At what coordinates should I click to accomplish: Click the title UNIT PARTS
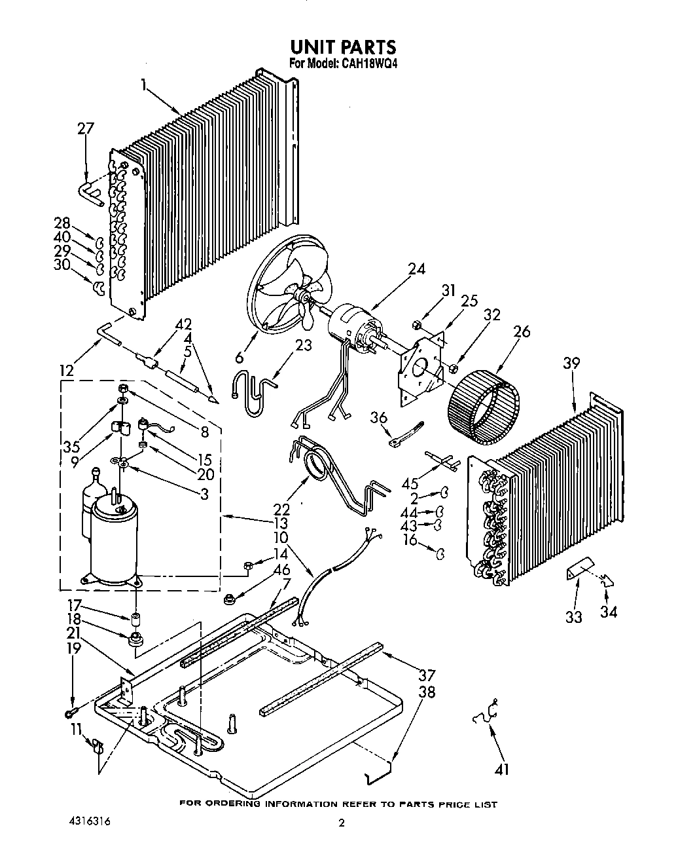tap(342, 47)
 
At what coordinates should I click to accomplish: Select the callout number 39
tap(571, 364)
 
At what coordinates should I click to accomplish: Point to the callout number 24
tap(416, 269)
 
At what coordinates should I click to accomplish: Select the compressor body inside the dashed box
tap(114, 537)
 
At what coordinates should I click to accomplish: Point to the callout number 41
tap(502, 770)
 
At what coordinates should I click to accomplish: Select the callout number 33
tap(573, 616)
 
